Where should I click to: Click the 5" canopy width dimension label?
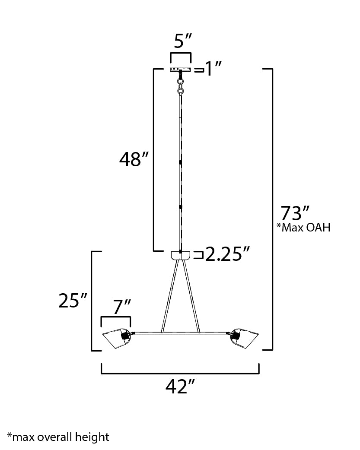[x=181, y=43]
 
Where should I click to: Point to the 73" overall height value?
[x=296, y=213]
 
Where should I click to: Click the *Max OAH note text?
[x=303, y=228]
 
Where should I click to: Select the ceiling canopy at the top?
[x=181, y=70]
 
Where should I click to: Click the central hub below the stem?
[x=180, y=255]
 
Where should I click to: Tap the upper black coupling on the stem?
[x=180, y=162]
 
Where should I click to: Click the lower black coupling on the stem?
[x=180, y=207]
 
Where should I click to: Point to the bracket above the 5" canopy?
[x=181, y=54]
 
